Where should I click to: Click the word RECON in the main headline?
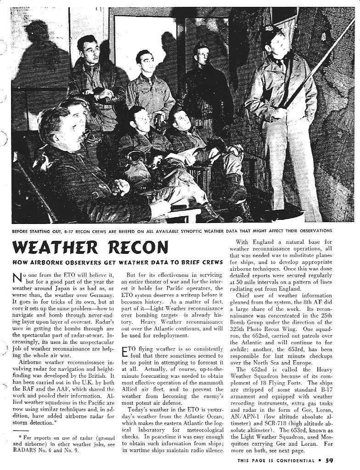click(137, 248)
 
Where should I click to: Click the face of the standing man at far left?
click(90, 51)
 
